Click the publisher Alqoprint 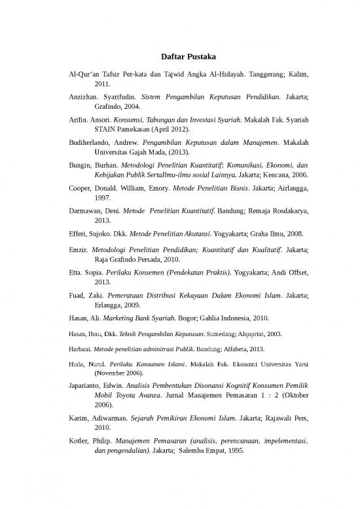point(248,334)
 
